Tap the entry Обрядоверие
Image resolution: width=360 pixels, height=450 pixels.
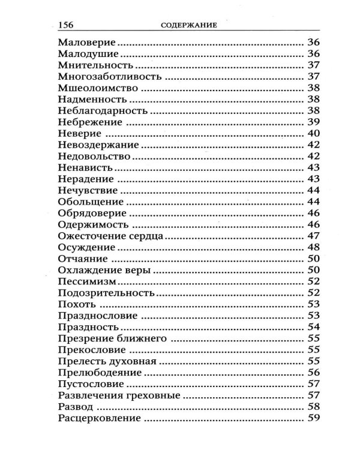[92, 213]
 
